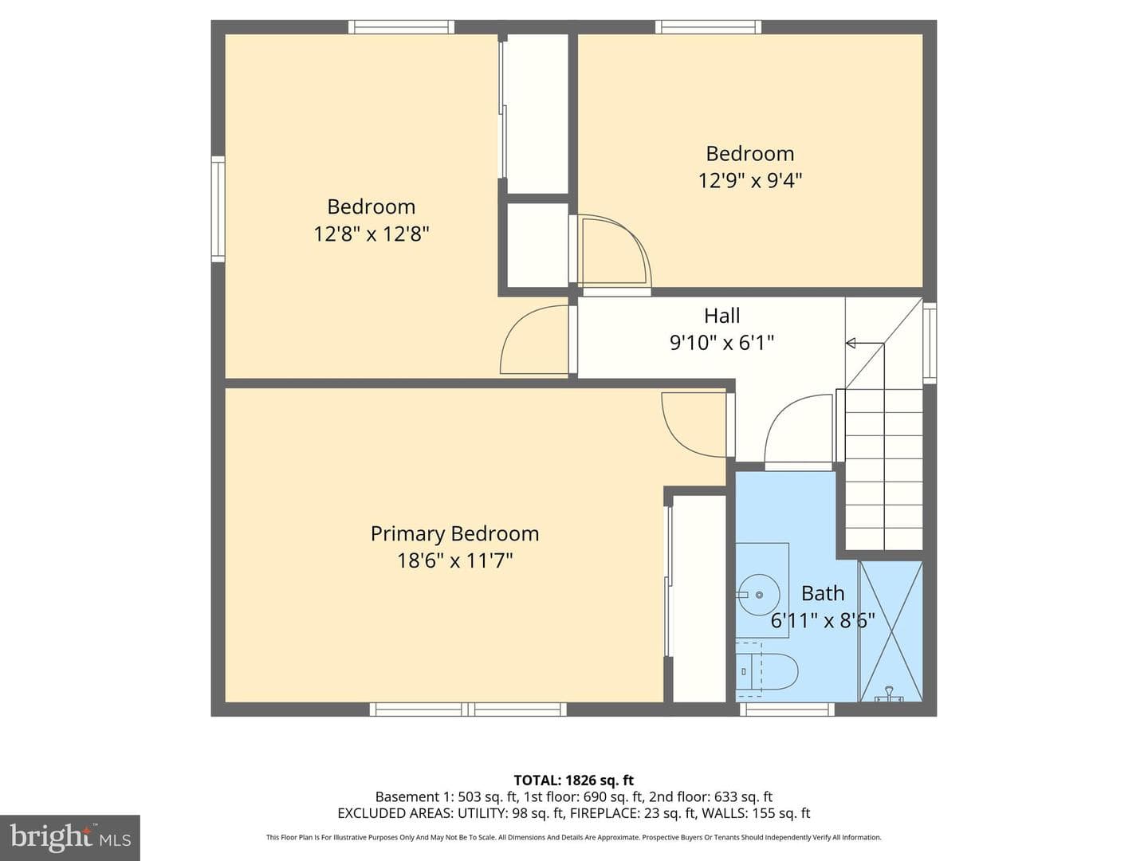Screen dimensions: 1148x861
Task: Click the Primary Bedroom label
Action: coord(454,534)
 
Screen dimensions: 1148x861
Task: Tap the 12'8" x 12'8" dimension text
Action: coord(372,234)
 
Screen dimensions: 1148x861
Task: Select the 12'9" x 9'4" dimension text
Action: coord(750,180)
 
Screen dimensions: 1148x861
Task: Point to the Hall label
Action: coord(721,316)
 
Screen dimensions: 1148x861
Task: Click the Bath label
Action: coord(823,593)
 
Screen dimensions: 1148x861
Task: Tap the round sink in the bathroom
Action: coord(758,595)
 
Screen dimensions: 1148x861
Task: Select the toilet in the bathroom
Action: coord(767,670)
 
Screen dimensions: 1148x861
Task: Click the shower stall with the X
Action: coord(890,631)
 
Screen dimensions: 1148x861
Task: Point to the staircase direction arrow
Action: coord(865,343)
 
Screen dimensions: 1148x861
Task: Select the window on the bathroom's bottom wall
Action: coord(787,710)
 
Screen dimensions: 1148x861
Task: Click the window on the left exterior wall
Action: coord(218,209)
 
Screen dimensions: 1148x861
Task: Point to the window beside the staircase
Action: coord(930,343)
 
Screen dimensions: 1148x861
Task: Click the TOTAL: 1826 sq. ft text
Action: coord(574,780)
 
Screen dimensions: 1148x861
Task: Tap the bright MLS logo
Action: coord(70,838)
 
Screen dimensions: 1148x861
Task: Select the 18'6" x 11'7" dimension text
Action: coord(454,561)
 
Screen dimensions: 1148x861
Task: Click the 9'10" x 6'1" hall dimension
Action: coord(721,343)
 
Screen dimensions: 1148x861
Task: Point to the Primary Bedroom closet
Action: coord(698,599)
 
